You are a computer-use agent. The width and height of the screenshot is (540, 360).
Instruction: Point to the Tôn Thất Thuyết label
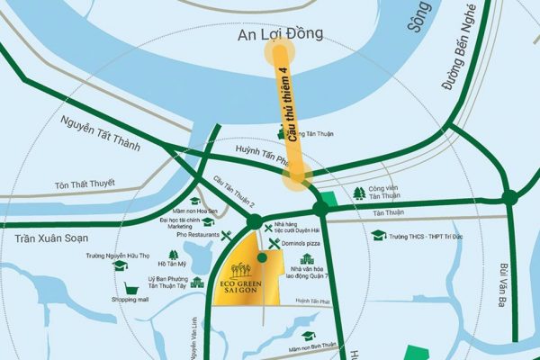click(x=85, y=184)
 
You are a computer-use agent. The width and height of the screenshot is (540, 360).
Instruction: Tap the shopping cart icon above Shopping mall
click(x=130, y=286)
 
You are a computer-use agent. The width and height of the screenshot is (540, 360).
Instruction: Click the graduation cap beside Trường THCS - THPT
click(x=378, y=236)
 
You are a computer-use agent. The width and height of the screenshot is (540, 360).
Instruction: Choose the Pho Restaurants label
click(x=200, y=235)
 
